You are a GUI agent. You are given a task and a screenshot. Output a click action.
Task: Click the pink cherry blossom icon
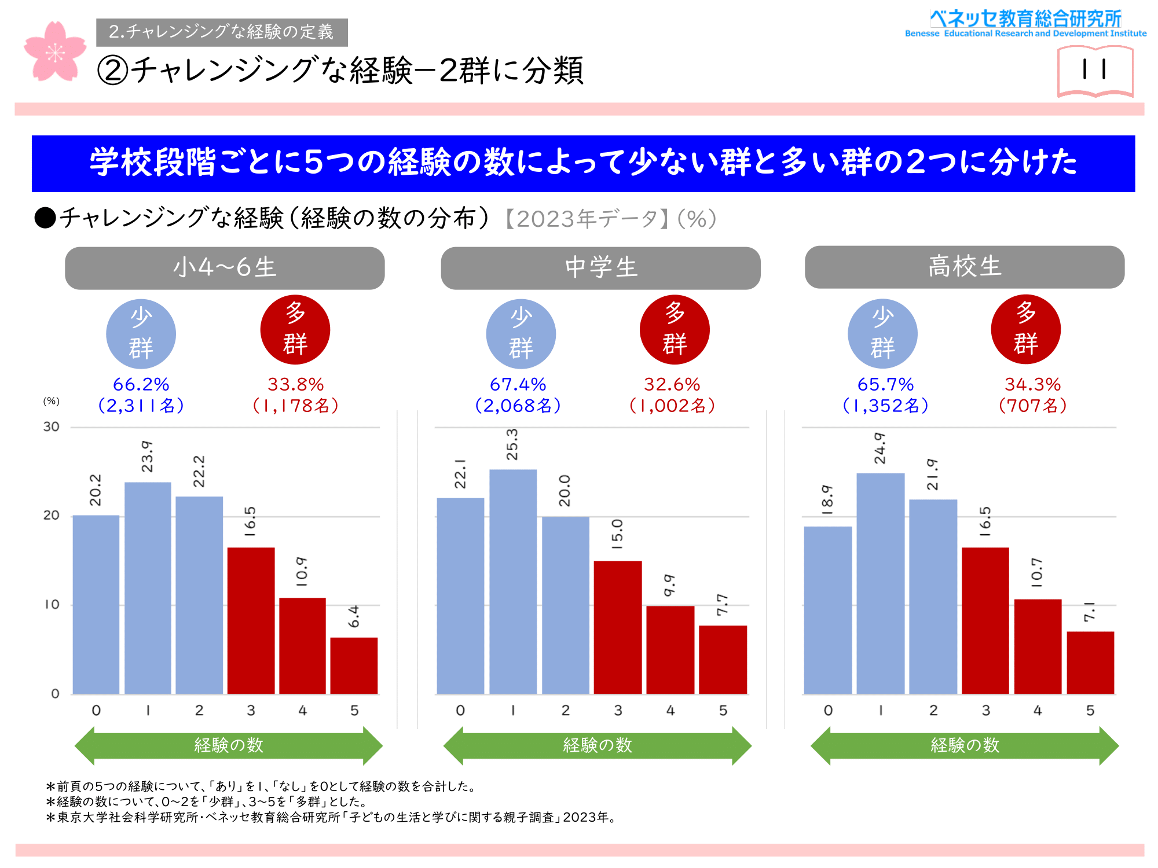click(55, 52)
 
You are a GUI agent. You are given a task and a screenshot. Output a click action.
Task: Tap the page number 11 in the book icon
click(1094, 70)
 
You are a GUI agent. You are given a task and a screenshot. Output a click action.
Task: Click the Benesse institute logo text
click(1025, 23)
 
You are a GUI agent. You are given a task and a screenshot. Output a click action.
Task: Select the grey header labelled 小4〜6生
click(225, 268)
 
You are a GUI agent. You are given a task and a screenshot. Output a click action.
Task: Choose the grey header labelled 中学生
click(600, 268)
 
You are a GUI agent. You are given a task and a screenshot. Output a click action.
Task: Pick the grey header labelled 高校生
click(965, 267)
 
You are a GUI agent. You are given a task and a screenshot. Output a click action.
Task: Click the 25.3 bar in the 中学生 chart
click(513, 582)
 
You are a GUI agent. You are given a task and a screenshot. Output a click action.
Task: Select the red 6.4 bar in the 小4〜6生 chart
click(354, 665)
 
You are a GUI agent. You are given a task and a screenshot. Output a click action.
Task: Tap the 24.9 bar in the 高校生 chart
click(880, 583)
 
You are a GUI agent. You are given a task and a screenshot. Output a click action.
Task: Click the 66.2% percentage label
click(141, 384)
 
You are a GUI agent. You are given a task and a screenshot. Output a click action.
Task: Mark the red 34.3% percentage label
click(1032, 384)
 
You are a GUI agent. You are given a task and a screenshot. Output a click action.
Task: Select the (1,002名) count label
click(672, 406)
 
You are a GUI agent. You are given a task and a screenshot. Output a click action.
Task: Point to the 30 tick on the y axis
click(52, 427)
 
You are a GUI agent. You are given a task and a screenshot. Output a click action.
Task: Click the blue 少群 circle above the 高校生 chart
click(882, 334)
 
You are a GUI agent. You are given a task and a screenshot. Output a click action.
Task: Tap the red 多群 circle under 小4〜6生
click(295, 330)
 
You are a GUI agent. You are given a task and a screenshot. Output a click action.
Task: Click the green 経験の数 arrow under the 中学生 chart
click(597, 745)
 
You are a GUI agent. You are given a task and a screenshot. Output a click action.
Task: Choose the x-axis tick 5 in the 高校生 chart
click(1090, 710)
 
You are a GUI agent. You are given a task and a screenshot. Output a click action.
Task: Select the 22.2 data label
click(199, 471)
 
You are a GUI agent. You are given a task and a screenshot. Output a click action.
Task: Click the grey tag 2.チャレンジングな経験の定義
click(222, 32)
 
